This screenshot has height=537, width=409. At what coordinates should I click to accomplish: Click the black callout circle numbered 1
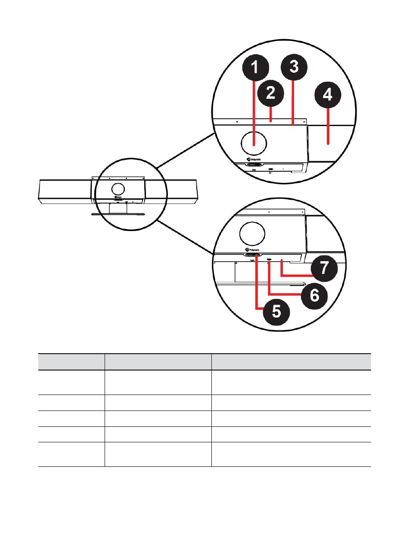coord(255,68)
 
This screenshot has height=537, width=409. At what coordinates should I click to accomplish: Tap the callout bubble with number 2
coord(270,93)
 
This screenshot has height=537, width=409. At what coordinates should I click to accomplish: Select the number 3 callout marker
coord(294,67)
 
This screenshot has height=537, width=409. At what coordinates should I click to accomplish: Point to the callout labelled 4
coord(328,95)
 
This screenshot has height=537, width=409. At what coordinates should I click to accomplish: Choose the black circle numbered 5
coord(276,312)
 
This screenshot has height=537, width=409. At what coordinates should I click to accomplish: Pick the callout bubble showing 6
coord(314,295)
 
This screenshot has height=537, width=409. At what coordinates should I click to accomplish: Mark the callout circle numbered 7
coord(324,268)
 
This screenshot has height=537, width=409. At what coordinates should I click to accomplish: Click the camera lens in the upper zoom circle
coord(254,143)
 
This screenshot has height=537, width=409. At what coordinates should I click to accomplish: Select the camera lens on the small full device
coord(118,188)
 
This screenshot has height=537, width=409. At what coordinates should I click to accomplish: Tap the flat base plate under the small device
coord(118,214)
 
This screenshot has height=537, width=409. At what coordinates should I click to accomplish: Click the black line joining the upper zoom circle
coord(186,151)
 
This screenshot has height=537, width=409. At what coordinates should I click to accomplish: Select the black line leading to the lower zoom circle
coord(185,237)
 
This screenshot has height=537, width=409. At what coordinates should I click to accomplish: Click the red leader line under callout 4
coord(328,126)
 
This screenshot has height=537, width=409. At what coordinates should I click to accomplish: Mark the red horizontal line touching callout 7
coord(297,275)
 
